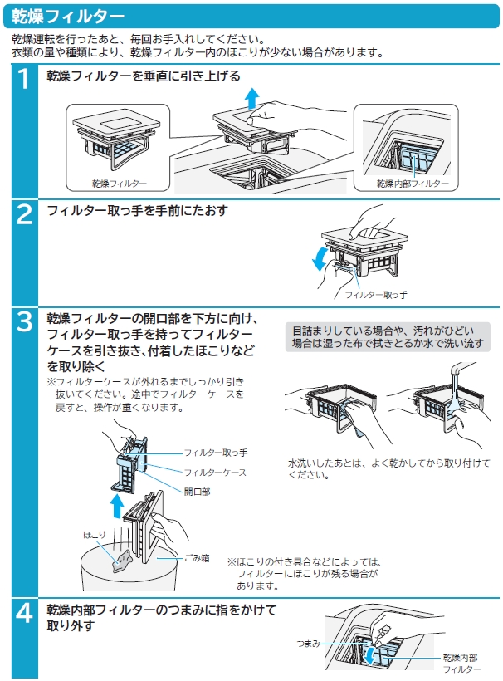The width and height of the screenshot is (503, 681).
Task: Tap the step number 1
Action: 26,80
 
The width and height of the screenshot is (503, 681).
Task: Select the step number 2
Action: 26,213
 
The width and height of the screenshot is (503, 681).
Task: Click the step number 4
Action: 26,613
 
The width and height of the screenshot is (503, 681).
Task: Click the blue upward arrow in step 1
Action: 250,100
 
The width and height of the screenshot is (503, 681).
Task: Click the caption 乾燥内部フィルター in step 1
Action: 413,184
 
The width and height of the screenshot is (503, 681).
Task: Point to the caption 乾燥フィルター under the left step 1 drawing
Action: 120,183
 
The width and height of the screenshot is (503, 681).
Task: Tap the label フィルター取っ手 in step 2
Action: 376,295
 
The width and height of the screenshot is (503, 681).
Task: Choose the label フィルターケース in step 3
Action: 215,472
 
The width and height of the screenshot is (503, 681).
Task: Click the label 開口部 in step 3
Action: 197,491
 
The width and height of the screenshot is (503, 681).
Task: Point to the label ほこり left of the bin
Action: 94,535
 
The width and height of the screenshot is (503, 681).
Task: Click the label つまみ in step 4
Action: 308,644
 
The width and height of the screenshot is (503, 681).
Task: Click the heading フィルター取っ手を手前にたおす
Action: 137,211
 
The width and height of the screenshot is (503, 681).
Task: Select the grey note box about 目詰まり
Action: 387,336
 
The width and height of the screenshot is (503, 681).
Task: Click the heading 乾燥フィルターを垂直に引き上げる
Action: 144,77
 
